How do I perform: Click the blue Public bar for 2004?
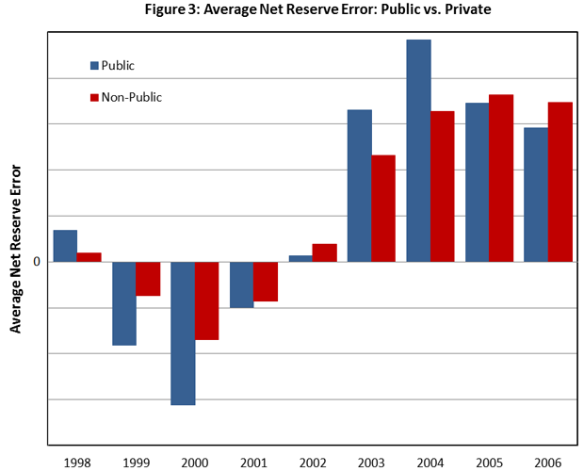pyautogui.click(x=418, y=151)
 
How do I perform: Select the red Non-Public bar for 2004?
pyautogui.click(x=443, y=187)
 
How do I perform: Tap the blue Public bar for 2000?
pyautogui.click(x=183, y=333)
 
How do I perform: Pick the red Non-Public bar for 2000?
pyautogui.click(x=206, y=300)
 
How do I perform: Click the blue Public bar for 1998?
pyautogui.click(x=65, y=246)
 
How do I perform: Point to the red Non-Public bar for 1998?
pyautogui.click(x=89, y=257)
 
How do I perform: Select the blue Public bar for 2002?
pyautogui.click(x=300, y=258)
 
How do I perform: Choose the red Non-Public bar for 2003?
pyautogui.click(x=383, y=208)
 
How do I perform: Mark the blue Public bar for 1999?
pyautogui.click(x=124, y=303)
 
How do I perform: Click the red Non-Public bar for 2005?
pyautogui.click(x=501, y=178)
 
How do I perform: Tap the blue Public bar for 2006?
pyautogui.click(x=536, y=194)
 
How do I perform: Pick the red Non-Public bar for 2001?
pyautogui.click(x=266, y=282)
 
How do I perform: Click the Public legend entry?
pyautogui.click(x=112, y=66)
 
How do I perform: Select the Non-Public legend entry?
pyautogui.click(x=125, y=97)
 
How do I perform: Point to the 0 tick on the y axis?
pyautogui.click(x=37, y=262)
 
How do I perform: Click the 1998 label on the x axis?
pyautogui.click(x=77, y=462)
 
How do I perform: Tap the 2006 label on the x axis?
pyautogui.click(x=547, y=462)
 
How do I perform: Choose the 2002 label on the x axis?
pyautogui.click(x=313, y=462)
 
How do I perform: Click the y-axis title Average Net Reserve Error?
pyautogui.click(x=16, y=248)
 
